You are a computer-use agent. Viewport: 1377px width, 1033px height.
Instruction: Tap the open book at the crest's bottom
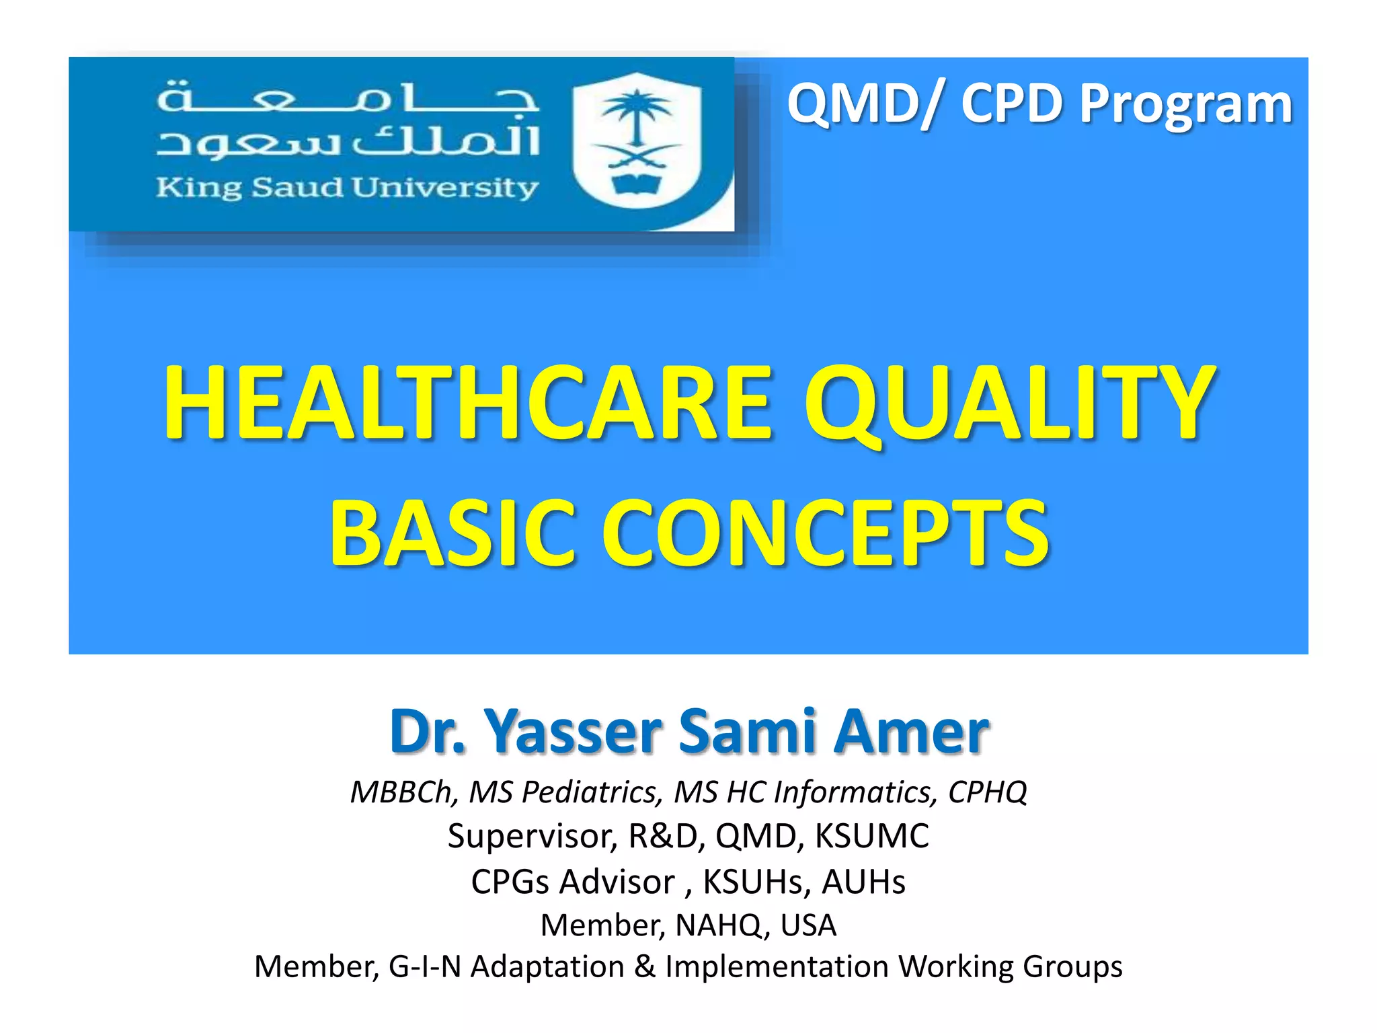[x=636, y=184]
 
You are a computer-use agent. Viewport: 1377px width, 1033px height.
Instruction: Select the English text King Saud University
[x=347, y=188]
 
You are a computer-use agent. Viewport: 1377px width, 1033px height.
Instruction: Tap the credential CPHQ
[x=987, y=792]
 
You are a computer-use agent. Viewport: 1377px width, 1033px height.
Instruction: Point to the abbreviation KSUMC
[x=872, y=837]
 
